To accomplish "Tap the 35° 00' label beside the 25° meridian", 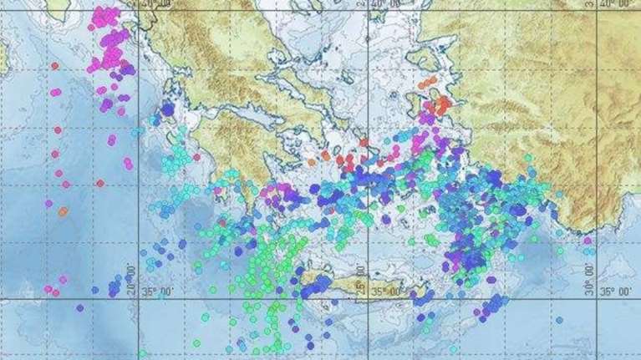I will pos(389,292).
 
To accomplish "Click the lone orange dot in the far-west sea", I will pos(64,211).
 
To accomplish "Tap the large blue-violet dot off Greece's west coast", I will pos(167,109).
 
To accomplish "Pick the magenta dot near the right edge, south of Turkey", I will pos(587,241).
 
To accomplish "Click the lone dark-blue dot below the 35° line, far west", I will pos(80,307).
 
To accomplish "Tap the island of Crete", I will pos(351,288).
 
